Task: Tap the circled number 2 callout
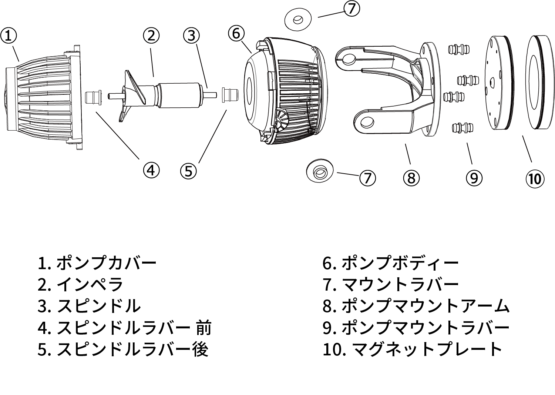point(151,36)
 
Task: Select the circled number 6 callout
point(236,33)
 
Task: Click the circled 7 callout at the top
point(351,8)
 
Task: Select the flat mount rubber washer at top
point(297,19)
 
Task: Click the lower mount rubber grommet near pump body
point(320,171)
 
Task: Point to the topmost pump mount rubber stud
point(458,49)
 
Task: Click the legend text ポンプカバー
point(107,263)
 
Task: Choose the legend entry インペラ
point(90,285)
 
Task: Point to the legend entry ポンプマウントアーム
point(425,306)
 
